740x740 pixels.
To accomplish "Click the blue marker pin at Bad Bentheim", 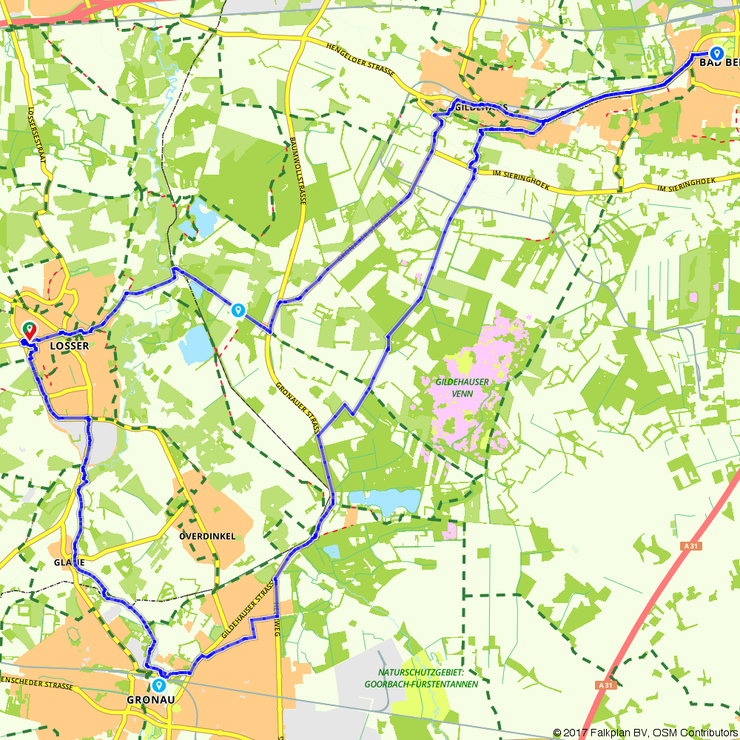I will (716, 53).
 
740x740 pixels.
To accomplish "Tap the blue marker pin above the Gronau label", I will (158, 684).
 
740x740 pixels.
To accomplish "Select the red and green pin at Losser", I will (29, 329).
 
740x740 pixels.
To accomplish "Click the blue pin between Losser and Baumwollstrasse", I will (238, 310).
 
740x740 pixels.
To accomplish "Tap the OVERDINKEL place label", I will (206, 535).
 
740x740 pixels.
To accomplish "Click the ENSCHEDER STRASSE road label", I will (37, 682).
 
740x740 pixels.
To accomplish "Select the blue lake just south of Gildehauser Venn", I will (384, 502).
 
